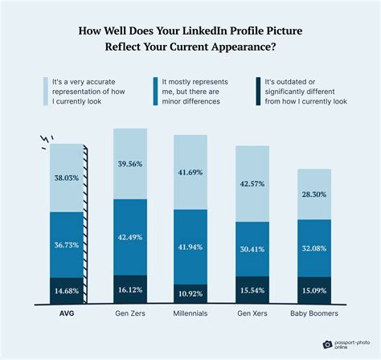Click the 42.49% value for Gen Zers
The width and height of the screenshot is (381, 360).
pyautogui.click(x=129, y=237)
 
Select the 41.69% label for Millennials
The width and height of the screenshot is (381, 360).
pyautogui.click(x=191, y=172)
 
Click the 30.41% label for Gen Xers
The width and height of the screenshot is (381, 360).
pyautogui.click(x=253, y=248)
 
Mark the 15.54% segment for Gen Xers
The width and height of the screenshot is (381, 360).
pyautogui.click(x=253, y=287)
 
